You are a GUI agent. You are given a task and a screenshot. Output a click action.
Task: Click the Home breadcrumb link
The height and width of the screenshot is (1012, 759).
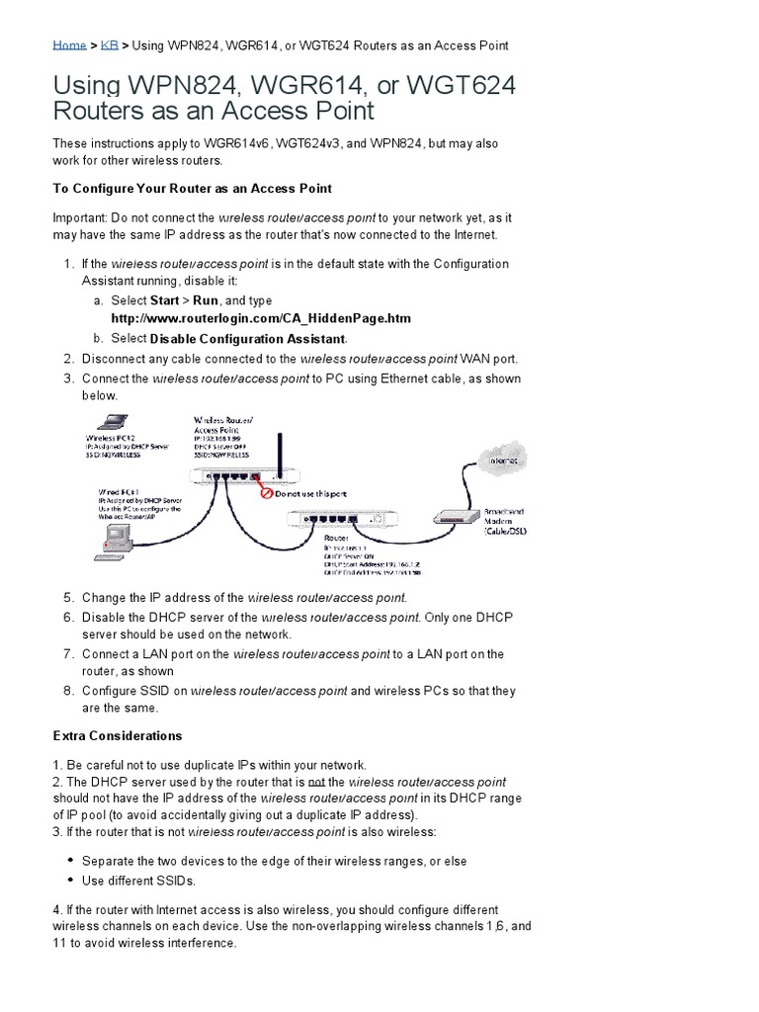click(69, 45)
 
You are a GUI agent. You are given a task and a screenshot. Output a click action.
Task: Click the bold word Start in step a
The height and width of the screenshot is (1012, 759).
click(165, 300)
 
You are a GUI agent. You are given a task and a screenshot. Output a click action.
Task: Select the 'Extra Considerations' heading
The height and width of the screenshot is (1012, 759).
click(117, 736)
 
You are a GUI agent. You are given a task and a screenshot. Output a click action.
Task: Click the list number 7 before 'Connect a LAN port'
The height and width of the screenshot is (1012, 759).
click(68, 654)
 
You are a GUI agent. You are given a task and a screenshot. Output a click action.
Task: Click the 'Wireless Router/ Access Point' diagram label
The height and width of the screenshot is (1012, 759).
click(223, 426)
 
